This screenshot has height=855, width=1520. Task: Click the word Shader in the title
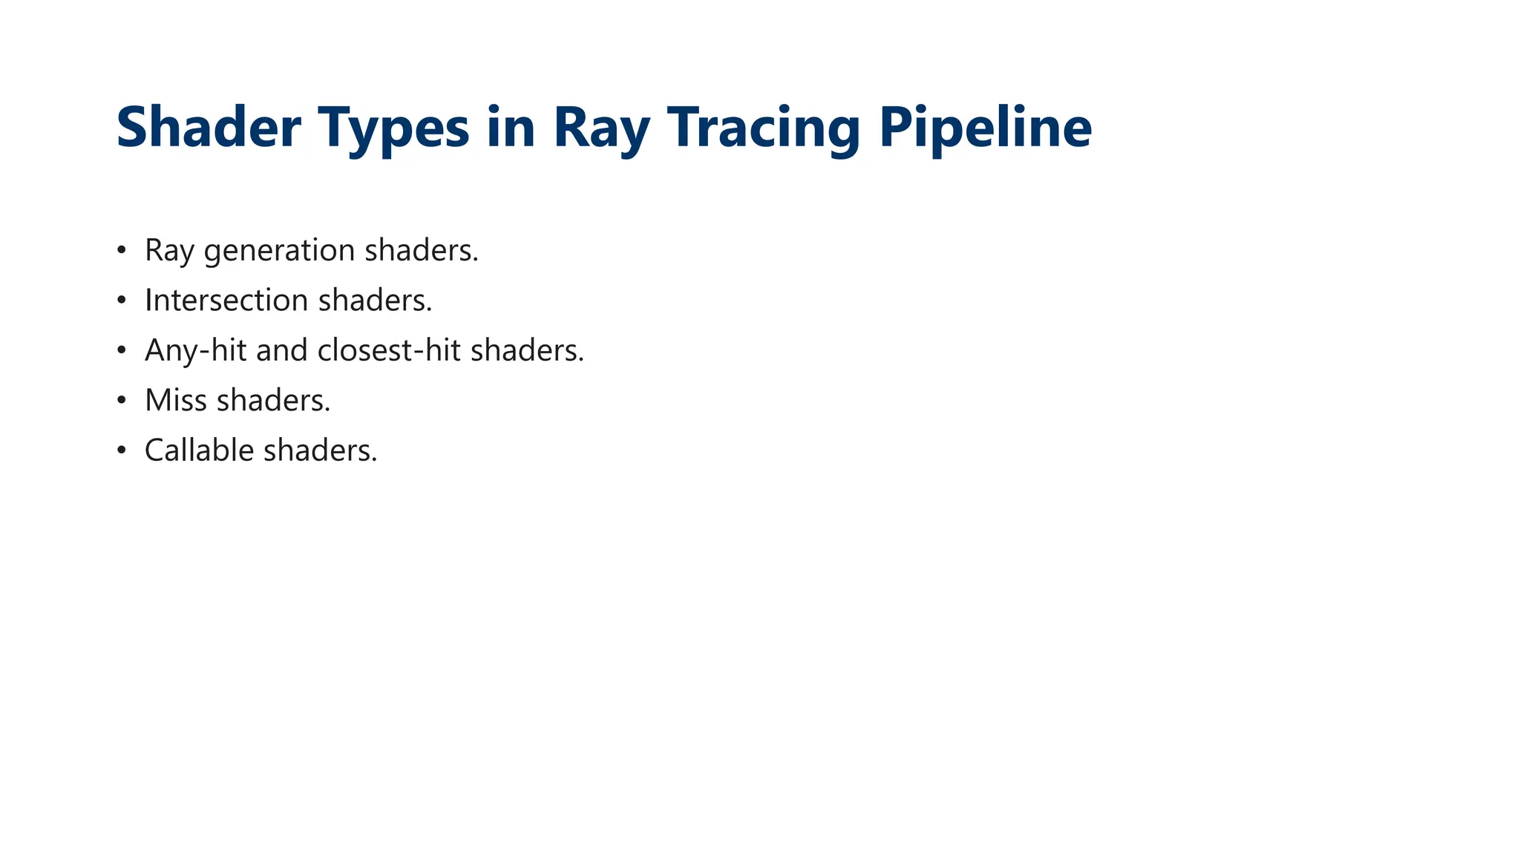click(209, 127)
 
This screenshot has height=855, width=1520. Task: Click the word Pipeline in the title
click(986, 128)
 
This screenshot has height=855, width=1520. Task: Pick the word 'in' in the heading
click(511, 127)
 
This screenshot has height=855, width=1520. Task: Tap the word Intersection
click(226, 300)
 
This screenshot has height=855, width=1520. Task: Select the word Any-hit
click(196, 351)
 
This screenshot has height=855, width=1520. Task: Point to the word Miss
click(175, 400)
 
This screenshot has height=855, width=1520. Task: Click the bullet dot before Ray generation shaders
click(122, 250)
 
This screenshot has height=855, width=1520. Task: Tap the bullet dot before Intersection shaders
click(122, 301)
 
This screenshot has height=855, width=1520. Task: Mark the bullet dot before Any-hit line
click(122, 350)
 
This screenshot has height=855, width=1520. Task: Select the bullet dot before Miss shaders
click(122, 401)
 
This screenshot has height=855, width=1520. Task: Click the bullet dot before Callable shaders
click(122, 451)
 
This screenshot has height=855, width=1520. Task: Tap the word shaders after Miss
click(272, 400)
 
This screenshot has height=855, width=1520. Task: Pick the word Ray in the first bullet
click(169, 251)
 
